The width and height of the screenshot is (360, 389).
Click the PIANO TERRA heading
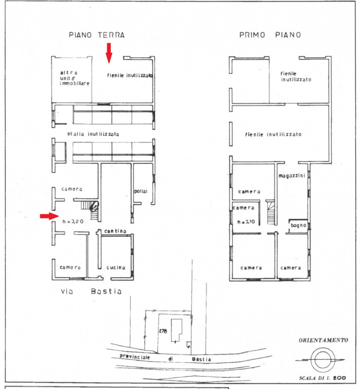click(97, 35)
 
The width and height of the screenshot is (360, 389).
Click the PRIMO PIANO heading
click(270, 35)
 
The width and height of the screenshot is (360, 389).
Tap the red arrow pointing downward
click(109, 53)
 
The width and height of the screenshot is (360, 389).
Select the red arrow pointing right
click(49, 216)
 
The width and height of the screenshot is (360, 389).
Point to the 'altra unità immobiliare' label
click(75, 78)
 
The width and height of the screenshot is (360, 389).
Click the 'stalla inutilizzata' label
click(93, 134)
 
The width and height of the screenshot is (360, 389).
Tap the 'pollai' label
click(140, 191)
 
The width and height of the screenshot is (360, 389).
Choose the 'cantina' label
click(115, 231)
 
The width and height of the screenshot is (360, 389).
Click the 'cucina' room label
click(116, 267)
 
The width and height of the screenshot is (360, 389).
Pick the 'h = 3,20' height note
click(73, 222)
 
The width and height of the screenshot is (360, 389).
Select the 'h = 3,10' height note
click(246, 222)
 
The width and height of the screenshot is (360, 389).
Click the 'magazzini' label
click(291, 176)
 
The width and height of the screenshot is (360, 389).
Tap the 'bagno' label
click(298, 226)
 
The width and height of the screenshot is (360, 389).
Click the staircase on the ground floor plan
click(90, 210)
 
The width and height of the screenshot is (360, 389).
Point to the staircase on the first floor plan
click(270, 212)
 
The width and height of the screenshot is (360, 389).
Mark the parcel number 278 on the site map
click(163, 331)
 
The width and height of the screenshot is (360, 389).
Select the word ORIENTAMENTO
click(323, 340)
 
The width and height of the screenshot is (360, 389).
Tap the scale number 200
click(340, 378)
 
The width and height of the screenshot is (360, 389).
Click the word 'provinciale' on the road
click(135, 357)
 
